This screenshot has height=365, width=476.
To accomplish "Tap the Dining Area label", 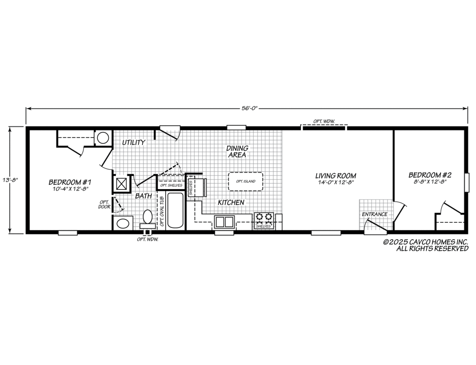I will point(237,151).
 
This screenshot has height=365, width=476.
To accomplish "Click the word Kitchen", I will point(231,202).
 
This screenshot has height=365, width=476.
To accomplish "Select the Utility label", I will point(133,142).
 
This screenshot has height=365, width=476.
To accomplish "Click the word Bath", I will point(143,196).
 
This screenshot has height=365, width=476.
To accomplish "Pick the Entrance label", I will point(375,214).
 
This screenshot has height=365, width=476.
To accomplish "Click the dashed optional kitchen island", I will point(245,181).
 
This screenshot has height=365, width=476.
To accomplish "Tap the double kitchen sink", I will point(224,221).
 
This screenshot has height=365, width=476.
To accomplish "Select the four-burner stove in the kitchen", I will point(264,217).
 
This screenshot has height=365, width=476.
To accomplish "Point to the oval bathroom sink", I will point(123,223).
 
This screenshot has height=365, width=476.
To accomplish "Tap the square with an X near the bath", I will point(122,183).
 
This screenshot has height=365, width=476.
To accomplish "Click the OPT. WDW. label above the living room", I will point(324,121).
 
